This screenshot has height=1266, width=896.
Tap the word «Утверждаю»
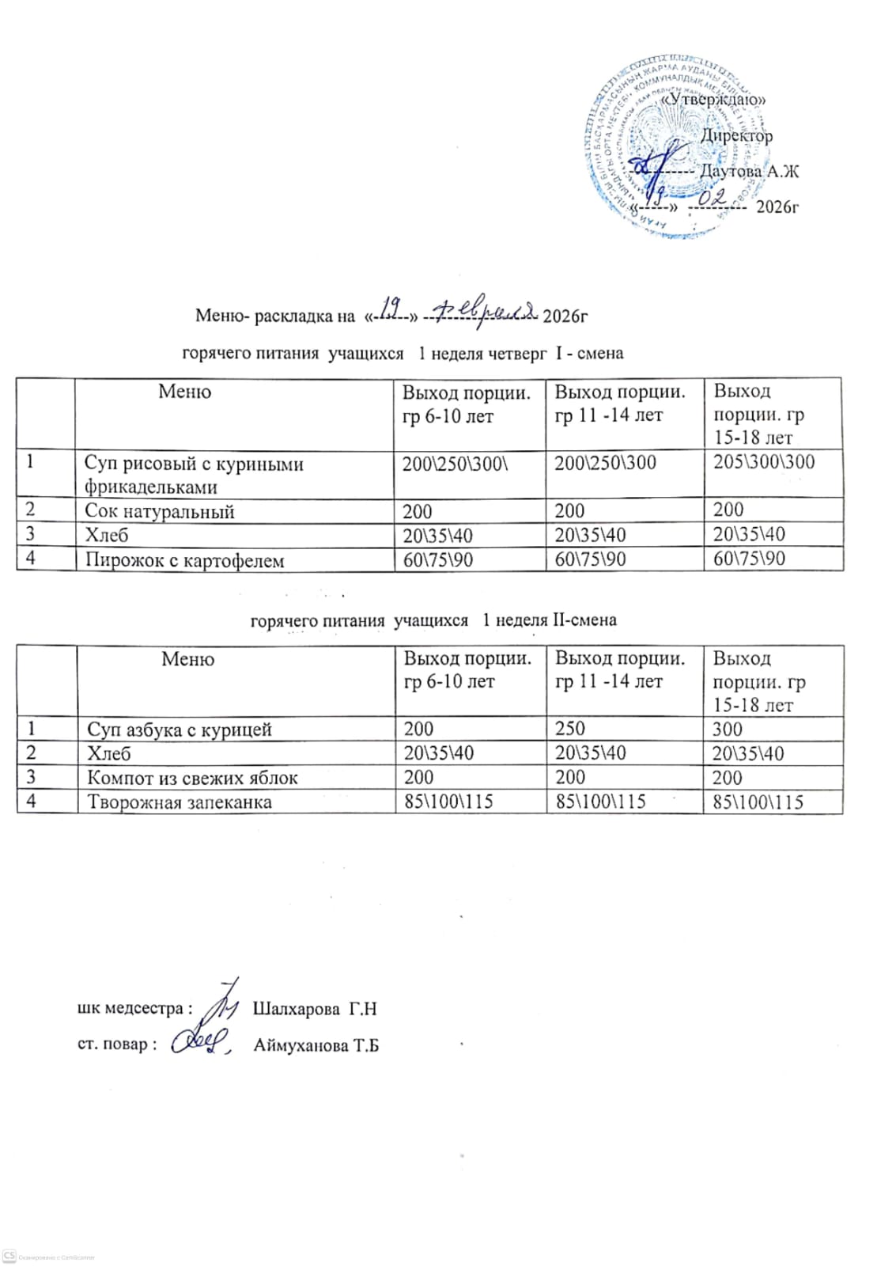pos(713,100)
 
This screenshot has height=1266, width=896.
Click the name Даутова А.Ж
pos(749,171)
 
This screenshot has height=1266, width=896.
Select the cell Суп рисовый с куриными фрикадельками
pos(195,475)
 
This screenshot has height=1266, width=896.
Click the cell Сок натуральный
pos(160,511)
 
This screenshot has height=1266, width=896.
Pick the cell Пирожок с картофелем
pos(184,560)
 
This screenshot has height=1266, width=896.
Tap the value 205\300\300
pos(763,462)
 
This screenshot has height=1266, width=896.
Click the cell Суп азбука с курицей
pos(180,729)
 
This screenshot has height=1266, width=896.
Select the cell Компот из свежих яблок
pos(192,777)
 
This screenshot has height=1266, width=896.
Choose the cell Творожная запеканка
pos(180,802)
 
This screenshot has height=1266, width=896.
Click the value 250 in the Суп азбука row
pos(570,729)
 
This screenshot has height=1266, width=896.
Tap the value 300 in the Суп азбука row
pos(728,729)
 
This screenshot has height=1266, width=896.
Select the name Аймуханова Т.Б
pos(316,1045)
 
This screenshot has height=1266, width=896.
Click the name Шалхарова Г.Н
pos(314,1010)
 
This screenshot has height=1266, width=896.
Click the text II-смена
pos(584,620)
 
